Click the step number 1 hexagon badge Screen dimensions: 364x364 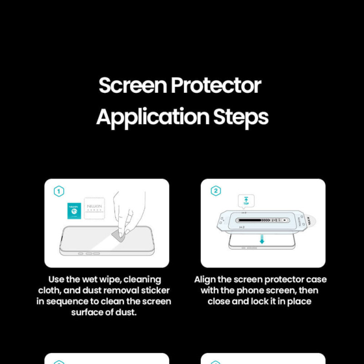tap(59, 191)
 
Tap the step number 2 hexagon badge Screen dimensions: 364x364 tap(215, 191)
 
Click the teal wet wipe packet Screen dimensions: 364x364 tap(74, 210)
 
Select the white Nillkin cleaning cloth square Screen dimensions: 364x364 tap(95, 209)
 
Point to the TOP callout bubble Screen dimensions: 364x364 tap(246, 201)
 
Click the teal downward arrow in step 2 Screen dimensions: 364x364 tap(262, 239)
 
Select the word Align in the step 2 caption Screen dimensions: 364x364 tap(206, 280)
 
